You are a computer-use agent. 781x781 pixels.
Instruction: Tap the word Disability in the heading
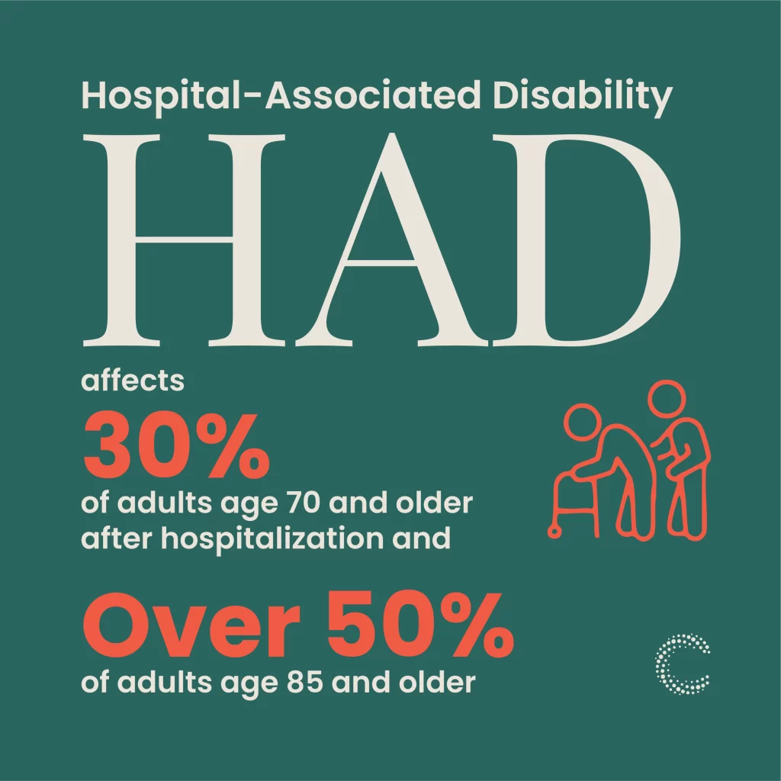(583, 98)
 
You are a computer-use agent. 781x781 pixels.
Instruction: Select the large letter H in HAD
(185, 240)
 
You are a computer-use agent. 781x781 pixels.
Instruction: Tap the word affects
(133, 381)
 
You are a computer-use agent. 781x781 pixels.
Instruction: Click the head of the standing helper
(667, 398)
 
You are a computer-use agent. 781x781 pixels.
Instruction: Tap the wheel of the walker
(554, 532)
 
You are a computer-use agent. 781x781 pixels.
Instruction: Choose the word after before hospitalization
(116, 538)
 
